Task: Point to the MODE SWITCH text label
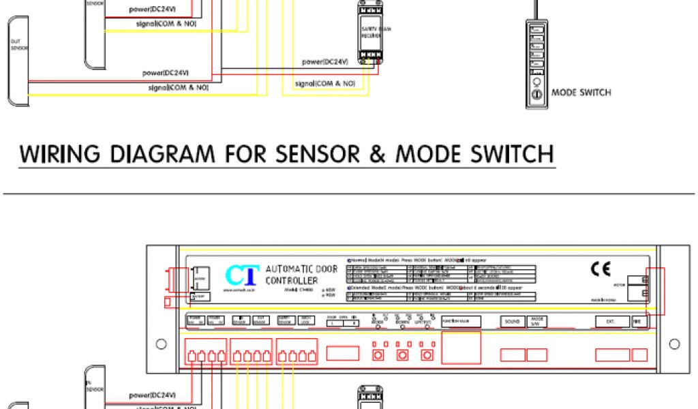581,93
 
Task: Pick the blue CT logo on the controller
242,276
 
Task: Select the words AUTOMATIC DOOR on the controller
301,269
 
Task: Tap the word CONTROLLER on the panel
292,281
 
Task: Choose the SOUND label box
513,321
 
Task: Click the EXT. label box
609,321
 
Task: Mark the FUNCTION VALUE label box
461,320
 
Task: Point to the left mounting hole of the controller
161,343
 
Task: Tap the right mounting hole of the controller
674,343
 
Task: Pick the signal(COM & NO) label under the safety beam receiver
325,83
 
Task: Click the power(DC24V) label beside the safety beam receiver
325,62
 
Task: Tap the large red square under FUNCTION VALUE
461,348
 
